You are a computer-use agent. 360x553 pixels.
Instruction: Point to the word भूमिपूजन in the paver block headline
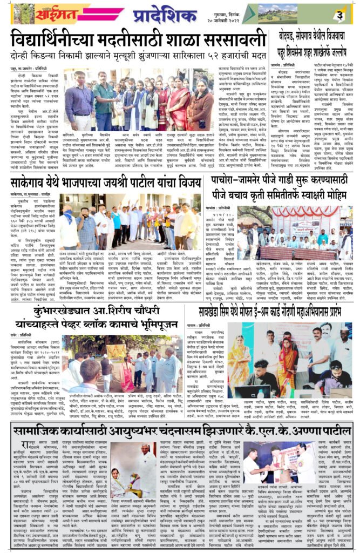(x=154, y=326)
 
